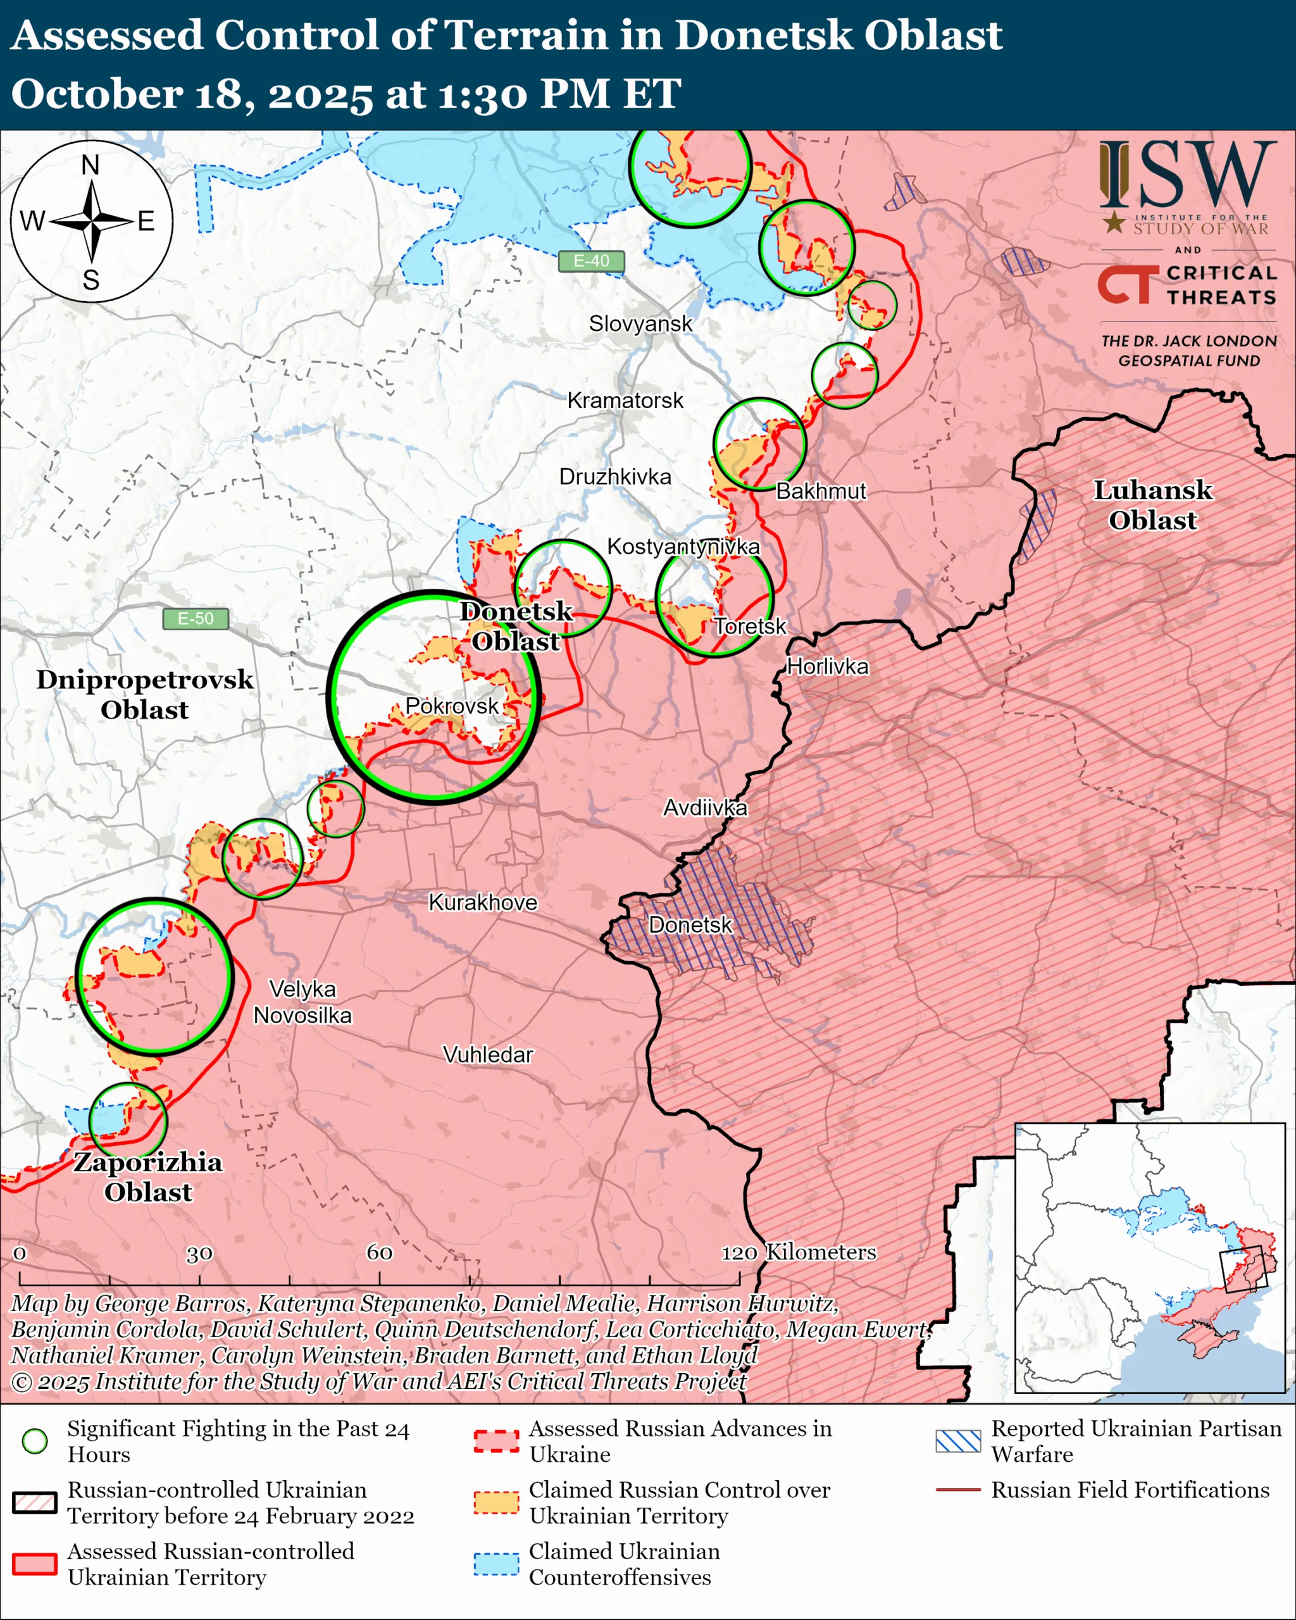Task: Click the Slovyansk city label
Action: click(640, 324)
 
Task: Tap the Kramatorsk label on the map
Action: click(625, 401)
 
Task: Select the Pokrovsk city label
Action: click(452, 706)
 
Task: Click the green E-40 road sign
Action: click(591, 261)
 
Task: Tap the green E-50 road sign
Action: click(196, 618)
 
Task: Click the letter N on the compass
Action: click(90, 165)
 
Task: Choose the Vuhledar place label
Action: click(488, 1055)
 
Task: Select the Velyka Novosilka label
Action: click(302, 1002)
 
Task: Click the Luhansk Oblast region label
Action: click(1152, 505)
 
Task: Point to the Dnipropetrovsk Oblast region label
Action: click(145, 694)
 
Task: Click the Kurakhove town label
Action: click(483, 902)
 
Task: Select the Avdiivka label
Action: click(705, 807)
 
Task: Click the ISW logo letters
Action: click(1188, 176)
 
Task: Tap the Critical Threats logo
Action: click(1187, 285)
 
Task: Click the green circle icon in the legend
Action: click(35, 1441)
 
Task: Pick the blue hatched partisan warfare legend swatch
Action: click(958, 1441)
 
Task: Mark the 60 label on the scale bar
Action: click(380, 1252)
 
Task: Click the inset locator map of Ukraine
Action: click(1149, 1258)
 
